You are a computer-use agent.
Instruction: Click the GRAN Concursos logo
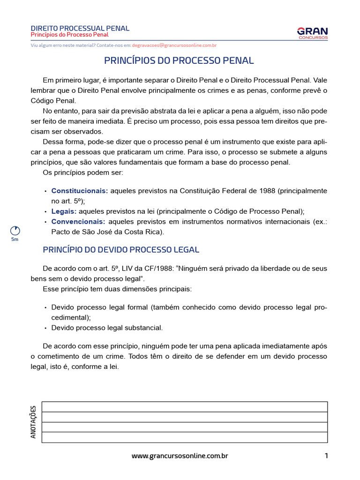[x=312, y=33]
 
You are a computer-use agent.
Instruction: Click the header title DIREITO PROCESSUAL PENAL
[x=80, y=29]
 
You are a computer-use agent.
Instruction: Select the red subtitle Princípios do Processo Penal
[x=69, y=35]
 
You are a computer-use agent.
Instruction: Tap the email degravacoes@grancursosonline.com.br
[x=174, y=45]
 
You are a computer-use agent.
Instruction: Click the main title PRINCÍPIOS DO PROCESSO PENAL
[x=179, y=60]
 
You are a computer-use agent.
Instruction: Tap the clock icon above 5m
[x=15, y=231]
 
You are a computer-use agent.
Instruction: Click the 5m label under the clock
[x=15, y=240]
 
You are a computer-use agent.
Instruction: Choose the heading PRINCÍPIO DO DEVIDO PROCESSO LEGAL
[x=121, y=250]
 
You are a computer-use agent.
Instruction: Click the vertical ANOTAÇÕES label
[x=33, y=422]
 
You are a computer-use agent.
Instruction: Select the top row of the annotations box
[x=184, y=406]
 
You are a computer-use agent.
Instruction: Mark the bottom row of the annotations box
[x=184, y=437]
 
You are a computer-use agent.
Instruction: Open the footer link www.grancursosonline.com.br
[x=180, y=456]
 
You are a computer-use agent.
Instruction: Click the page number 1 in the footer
[x=326, y=456]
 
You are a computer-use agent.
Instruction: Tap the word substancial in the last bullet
[x=142, y=328]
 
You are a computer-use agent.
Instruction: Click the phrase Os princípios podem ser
[x=76, y=172]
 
